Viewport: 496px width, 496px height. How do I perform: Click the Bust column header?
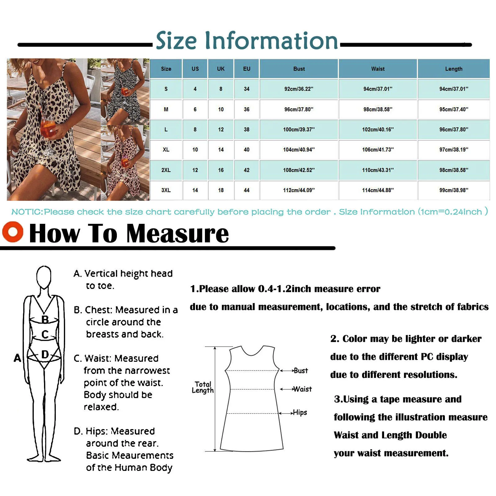click(299, 69)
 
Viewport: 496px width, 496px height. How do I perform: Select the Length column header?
click(454, 69)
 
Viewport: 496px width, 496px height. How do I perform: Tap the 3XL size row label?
click(166, 190)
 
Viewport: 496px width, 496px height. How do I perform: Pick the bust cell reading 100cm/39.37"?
click(299, 130)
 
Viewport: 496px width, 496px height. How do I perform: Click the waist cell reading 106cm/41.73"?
click(378, 150)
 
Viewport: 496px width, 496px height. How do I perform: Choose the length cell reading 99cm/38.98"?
click(454, 190)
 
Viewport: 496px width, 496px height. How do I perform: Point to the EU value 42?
click(246, 170)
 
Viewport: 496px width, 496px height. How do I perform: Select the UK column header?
click(221, 69)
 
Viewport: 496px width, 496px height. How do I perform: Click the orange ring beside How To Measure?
click(13, 232)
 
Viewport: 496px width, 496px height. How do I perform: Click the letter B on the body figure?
click(45, 319)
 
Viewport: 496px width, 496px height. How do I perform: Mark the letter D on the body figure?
click(45, 354)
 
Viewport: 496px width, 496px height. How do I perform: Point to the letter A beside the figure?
click(17, 358)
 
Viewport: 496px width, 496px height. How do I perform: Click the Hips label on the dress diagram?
click(300, 413)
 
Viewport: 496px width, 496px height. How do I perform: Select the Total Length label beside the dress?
click(203, 387)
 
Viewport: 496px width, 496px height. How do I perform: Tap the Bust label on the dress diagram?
click(301, 371)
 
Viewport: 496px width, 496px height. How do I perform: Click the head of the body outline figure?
click(44, 277)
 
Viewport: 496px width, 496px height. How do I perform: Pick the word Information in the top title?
click(272, 41)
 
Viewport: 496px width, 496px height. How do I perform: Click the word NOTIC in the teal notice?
click(27, 212)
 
